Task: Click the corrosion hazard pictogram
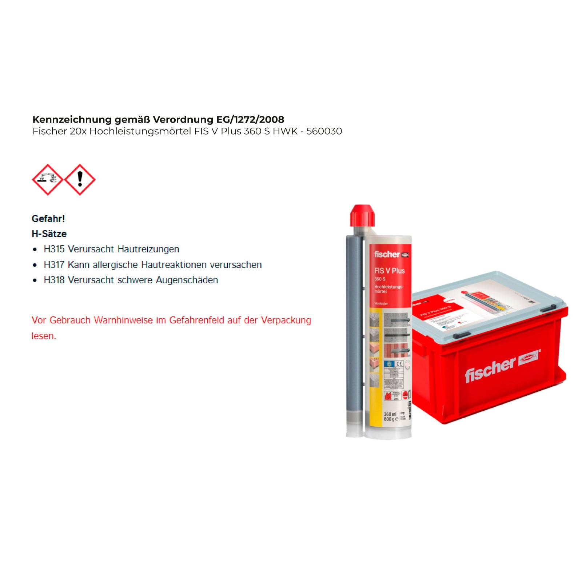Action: pyautogui.click(x=48, y=180)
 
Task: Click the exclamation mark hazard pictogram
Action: pyautogui.click(x=80, y=180)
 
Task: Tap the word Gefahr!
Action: pyautogui.click(x=48, y=219)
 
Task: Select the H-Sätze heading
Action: pyautogui.click(x=49, y=234)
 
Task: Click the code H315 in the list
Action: pyautogui.click(x=54, y=249)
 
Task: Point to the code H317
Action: pyautogui.click(x=54, y=265)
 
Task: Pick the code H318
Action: pyautogui.click(x=54, y=280)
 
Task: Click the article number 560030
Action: pyautogui.click(x=324, y=131)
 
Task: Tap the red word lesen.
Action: pyautogui.click(x=44, y=336)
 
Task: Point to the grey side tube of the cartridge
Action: pyautogui.click(x=353, y=327)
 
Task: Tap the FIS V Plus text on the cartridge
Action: pyautogui.click(x=389, y=271)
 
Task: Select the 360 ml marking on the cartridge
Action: pyautogui.click(x=390, y=414)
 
